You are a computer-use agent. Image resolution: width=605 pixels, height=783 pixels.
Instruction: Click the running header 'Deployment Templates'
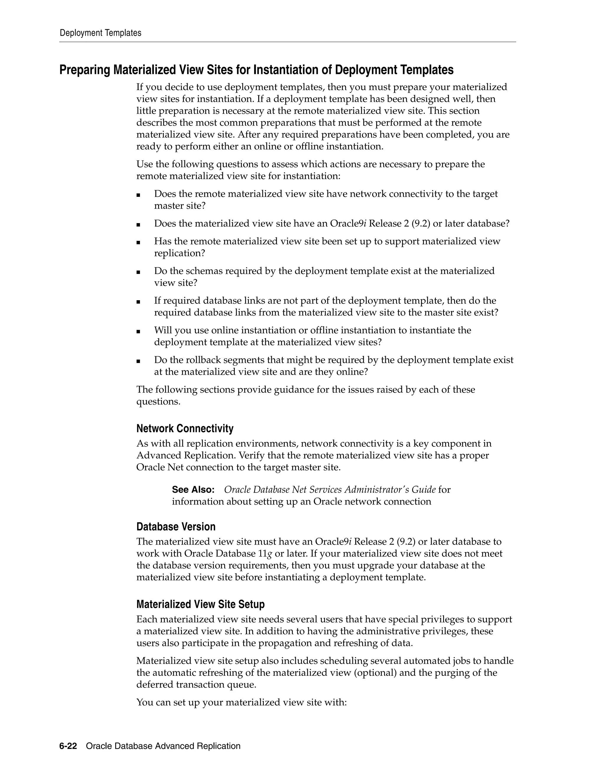[100, 33]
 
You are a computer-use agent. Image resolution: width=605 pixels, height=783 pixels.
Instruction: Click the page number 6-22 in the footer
[68, 746]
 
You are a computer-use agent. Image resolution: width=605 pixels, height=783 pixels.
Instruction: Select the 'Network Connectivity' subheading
[185, 428]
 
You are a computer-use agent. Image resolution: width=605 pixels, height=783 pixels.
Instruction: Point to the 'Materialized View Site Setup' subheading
[200, 604]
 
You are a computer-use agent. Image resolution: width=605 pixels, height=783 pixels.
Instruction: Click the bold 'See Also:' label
[193, 489]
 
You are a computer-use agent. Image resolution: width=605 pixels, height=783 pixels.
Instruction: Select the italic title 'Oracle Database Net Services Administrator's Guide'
[330, 489]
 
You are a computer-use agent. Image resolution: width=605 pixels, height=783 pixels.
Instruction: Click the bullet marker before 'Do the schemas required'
[138, 272]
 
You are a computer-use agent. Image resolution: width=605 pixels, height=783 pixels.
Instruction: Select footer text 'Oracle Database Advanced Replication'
[163, 746]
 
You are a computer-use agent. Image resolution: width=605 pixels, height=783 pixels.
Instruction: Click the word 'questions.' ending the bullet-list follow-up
[158, 402]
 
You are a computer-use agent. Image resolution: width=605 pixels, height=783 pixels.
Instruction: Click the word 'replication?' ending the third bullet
[180, 253]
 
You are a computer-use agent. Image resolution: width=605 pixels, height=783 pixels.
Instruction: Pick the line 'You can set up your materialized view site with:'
[241, 702]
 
